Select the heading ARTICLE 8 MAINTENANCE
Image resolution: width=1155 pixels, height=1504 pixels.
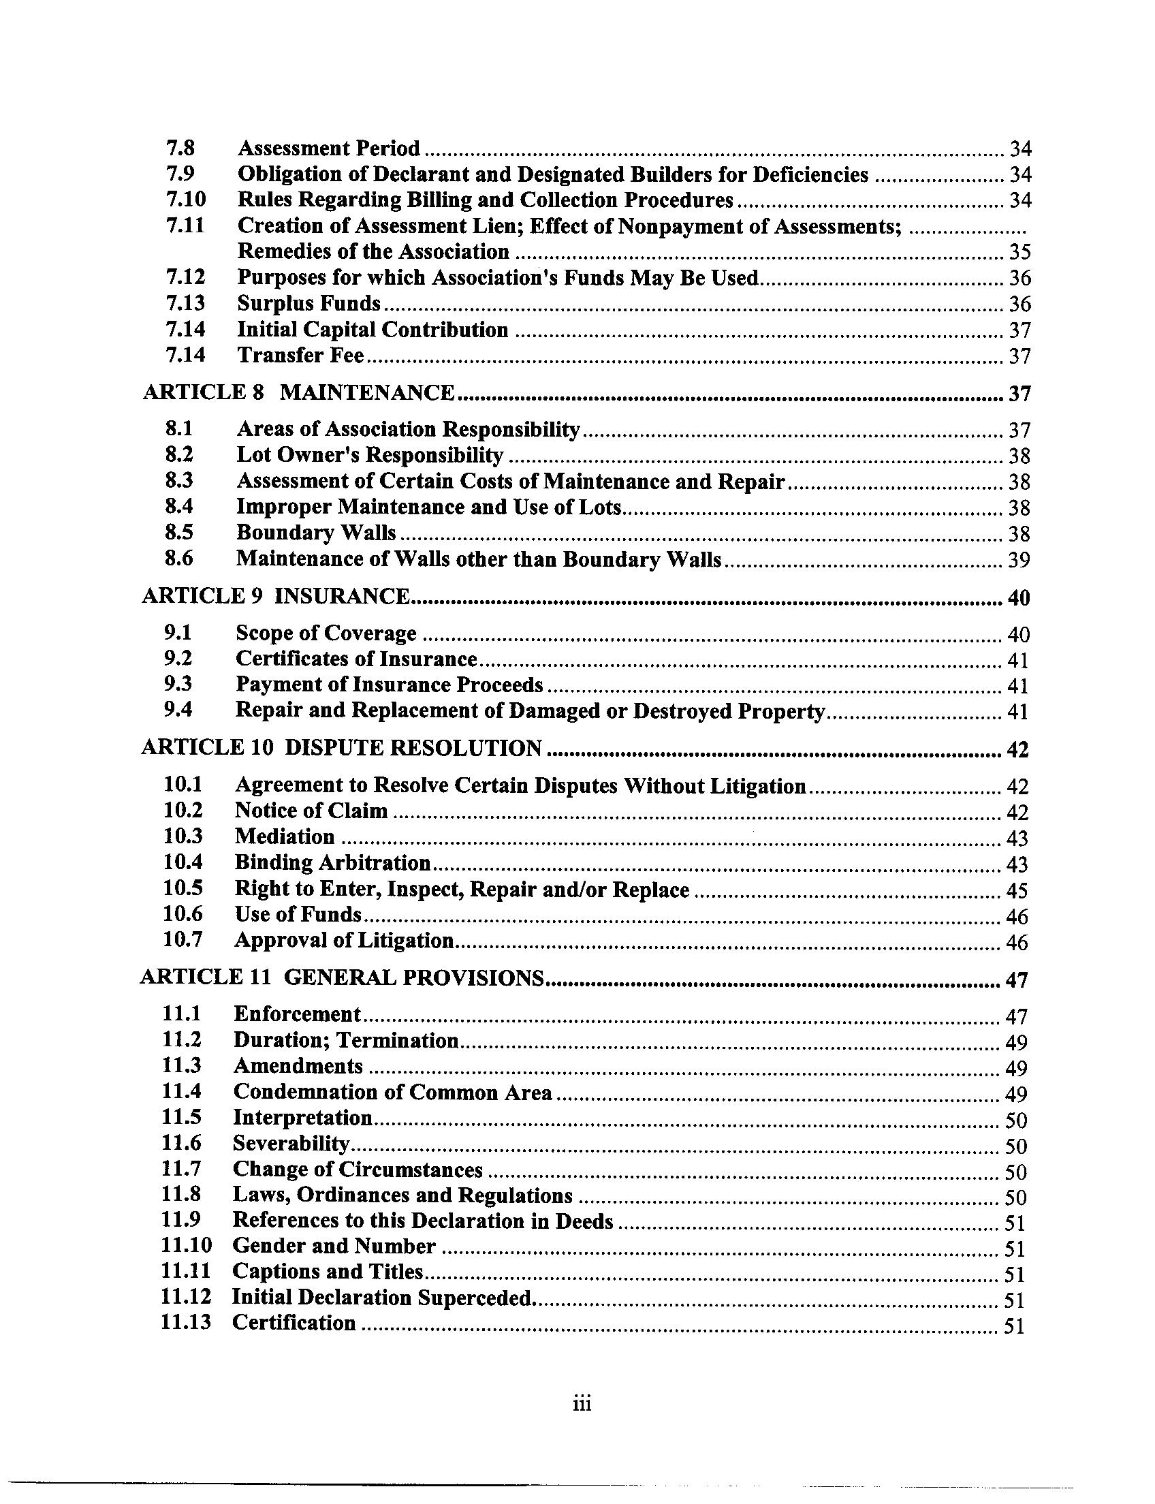point(298,392)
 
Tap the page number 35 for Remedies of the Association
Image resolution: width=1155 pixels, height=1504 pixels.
point(1019,253)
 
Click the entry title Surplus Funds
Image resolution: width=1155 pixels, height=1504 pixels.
point(308,303)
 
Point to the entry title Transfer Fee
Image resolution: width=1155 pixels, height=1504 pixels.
point(300,356)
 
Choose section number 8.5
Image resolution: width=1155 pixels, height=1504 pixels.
point(178,532)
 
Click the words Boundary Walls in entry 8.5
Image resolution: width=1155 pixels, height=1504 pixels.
point(316,533)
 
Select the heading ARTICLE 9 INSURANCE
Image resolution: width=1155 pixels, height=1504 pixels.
point(276,595)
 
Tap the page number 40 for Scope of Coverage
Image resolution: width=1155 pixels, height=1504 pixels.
point(1018,634)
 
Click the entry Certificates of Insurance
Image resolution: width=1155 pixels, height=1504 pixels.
point(356,659)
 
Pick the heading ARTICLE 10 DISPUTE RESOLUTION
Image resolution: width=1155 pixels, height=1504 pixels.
point(341,747)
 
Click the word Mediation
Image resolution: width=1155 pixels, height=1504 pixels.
point(285,836)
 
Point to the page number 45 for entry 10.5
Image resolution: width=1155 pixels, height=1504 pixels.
point(1017,891)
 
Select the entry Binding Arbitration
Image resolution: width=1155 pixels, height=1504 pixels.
point(333,862)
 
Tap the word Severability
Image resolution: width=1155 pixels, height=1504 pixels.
point(291,1144)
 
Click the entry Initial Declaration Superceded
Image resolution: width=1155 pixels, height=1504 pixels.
point(383,1298)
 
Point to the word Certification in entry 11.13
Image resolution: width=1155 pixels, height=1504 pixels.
point(294,1323)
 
